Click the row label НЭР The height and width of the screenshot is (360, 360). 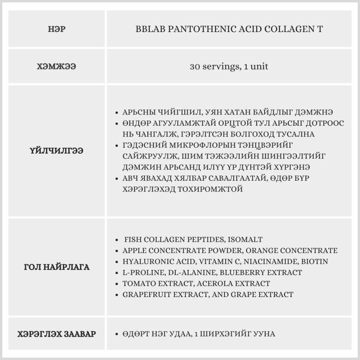coord(57,30)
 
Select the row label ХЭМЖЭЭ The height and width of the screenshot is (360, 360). coord(57,67)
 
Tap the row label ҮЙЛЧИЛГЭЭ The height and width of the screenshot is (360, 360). coord(57,151)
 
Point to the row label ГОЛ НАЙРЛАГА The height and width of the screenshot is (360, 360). coord(57,267)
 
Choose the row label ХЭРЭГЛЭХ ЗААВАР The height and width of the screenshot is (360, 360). coord(57,334)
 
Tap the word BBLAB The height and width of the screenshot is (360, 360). coord(149,29)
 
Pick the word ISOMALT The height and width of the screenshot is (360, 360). coord(246,239)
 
